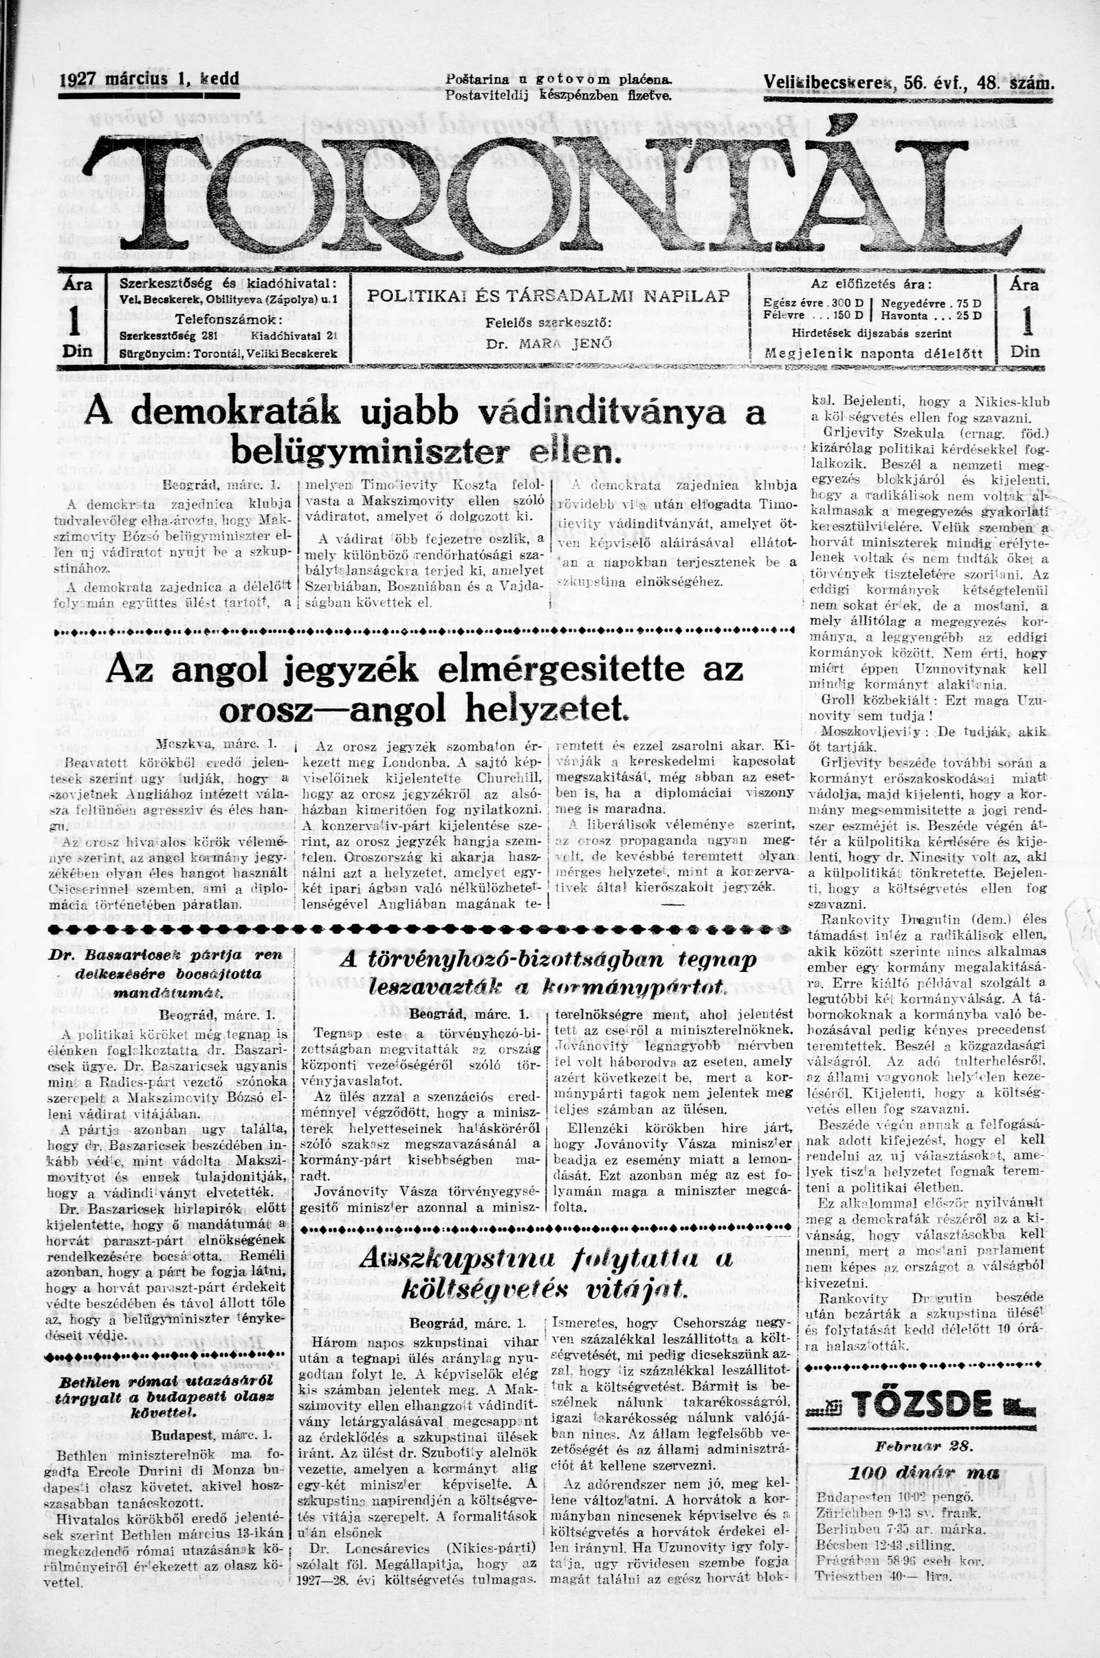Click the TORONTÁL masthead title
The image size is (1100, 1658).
tap(554, 189)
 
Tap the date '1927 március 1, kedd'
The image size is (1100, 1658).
tap(149, 79)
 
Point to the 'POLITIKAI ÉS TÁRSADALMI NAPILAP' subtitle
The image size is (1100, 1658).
tap(548, 297)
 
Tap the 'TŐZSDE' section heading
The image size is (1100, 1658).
tap(922, 1385)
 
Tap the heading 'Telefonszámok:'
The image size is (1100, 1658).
tap(230, 319)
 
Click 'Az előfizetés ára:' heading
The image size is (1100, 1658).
tap(871, 284)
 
